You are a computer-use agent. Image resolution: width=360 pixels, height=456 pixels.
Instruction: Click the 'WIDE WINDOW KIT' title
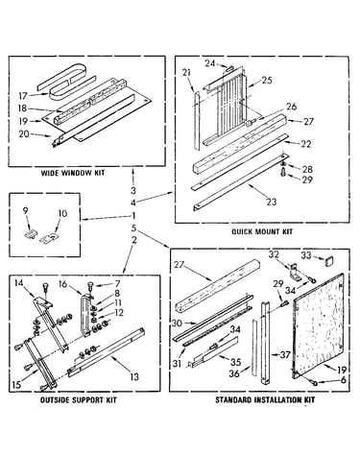pyautogui.click(x=73, y=173)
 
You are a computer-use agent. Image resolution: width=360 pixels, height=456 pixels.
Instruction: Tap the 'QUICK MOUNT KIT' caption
pyautogui.click(x=262, y=231)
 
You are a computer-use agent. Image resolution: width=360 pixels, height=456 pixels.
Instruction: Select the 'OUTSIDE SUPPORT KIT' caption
pyautogui.click(x=79, y=400)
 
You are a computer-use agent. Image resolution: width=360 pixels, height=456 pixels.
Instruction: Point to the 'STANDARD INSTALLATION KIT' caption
pyautogui.click(x=265, y=399)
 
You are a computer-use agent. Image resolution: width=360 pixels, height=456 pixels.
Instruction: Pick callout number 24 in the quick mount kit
pyautogui.click(x=210, y=63)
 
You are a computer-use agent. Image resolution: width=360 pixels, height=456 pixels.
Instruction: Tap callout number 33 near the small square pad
pyautogui.click(x=306, y=255)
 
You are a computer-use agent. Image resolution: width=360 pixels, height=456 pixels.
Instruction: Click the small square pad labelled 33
pyautogui.click(x=327, y=261)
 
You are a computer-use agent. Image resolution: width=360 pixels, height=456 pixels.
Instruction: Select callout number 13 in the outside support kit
pyautogui.click(x=135, y=377)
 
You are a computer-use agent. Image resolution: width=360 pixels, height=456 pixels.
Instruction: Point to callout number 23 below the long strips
pyautogui.click(x=272, y=202)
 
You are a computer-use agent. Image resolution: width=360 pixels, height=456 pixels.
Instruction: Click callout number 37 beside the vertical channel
pyautogui.click(x=285, y=355)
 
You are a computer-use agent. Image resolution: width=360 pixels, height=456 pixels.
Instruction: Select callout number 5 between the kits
pyautogui.click(x=134, y=228)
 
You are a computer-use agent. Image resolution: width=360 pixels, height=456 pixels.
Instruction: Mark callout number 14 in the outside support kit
pyautogui.click(x=19, y=282)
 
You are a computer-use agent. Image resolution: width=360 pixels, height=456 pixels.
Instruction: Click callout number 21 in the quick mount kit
pyautogui.click(x=186, y=72)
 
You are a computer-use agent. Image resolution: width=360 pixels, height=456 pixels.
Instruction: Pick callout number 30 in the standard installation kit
pyautogui.click(x=177, y=324)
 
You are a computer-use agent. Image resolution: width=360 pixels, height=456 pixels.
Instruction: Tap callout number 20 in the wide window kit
pyautogui.click(x=24, y=133)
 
